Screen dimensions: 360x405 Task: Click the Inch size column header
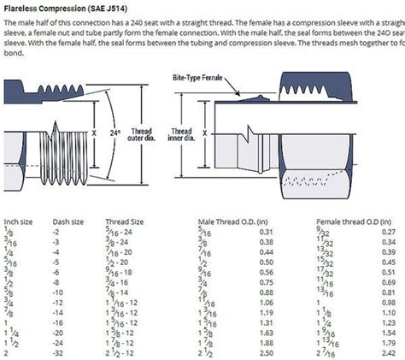(x=19, y=221)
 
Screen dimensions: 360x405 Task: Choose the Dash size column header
(x=67, y=221)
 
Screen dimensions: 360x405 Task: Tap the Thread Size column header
(x=125, y=221)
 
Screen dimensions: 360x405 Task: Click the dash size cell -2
(x=57, y=232)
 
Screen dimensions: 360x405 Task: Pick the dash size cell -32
(x=59, y=352)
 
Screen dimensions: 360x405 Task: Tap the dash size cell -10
(x=59, y=292)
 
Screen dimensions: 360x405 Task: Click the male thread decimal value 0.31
(x=266, y=232)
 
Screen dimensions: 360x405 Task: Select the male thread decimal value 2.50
(x=266, y=352)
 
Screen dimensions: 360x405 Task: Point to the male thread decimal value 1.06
(x=266, y=302)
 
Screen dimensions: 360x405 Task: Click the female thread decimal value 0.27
(x=389, y=232)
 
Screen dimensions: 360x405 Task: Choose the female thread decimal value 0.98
(x=389, y=302)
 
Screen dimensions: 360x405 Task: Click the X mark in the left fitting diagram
(x=91, y=133)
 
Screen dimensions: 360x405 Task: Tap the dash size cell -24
(x=59, y=342)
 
